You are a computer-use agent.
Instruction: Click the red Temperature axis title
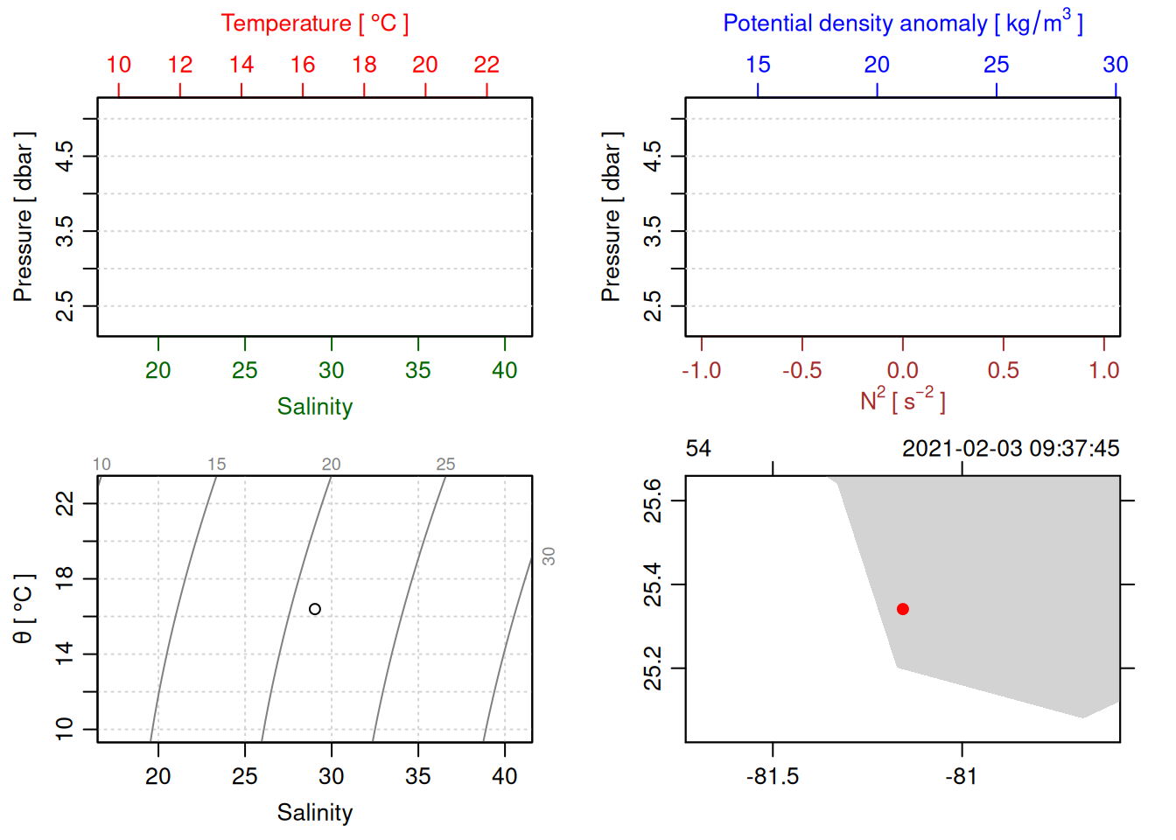click(x=314, y=24)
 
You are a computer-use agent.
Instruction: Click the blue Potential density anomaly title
click(x=902, y=23)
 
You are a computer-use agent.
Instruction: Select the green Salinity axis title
click(x=314, y=407)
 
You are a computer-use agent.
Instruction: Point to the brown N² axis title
click(x=902, y=400)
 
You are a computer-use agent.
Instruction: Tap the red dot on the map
click(x=903, y=609)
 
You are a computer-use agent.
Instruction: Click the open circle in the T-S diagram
click(x=315, y=609)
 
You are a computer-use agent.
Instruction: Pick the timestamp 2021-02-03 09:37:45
click(x=1011, y=449)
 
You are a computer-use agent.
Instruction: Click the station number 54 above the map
click(x=698, y=449)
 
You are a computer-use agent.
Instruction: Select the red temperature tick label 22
click(x=486, y=65)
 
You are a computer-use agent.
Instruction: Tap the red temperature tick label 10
click(x=119, y=65)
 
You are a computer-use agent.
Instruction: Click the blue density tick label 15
click(x=758, y=65)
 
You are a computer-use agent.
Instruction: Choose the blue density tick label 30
click(x=1115, y=65)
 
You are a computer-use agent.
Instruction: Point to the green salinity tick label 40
click(x=505, y=371)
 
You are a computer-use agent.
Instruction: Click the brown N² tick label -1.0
click(x=701, y=371)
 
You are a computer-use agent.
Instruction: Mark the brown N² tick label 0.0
click(x=903, y=371)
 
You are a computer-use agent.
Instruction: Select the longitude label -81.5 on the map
click(x=773, y=777)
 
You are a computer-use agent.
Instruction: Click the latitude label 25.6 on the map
click(x=653, y=500)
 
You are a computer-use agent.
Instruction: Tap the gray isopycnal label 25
click(x=445, y=465)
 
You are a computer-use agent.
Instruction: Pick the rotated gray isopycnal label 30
click(x=549, y=556)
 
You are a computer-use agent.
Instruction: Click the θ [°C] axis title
click(x=23, y=609)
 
